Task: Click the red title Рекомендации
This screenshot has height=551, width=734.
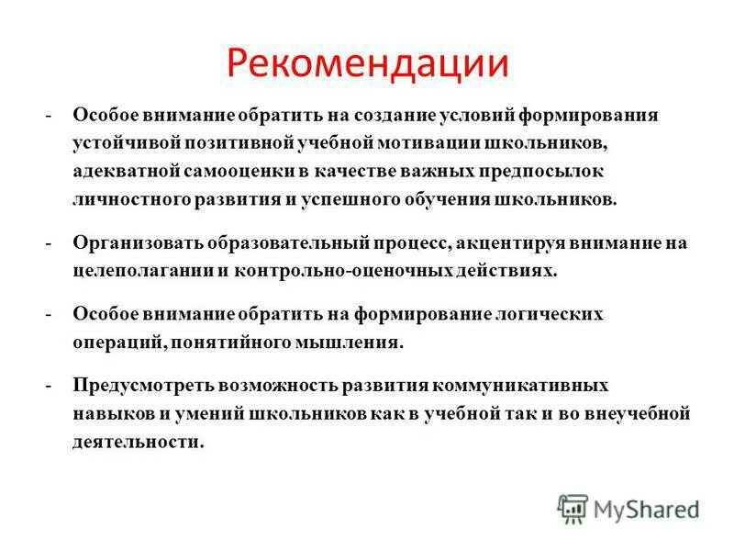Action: coord(367,63)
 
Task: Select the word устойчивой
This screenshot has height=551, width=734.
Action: coord(131,144)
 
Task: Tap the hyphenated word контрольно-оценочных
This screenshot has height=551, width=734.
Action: coord(357,272)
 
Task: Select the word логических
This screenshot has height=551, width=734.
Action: coord(554,315)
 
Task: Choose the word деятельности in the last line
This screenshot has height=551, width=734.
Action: coord(138,442)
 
